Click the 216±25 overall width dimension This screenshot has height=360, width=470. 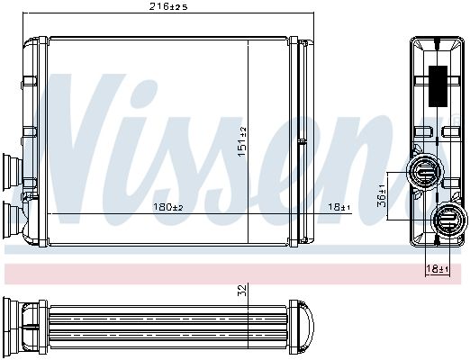click(x=167, y=7)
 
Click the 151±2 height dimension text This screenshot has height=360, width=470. click(x=241, y=141)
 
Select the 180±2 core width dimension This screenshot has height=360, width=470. click(x=167, y=207)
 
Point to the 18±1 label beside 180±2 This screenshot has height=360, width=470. click(x=339, y=207)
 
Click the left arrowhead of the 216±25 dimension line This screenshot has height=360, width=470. click(x=27, y=15)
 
